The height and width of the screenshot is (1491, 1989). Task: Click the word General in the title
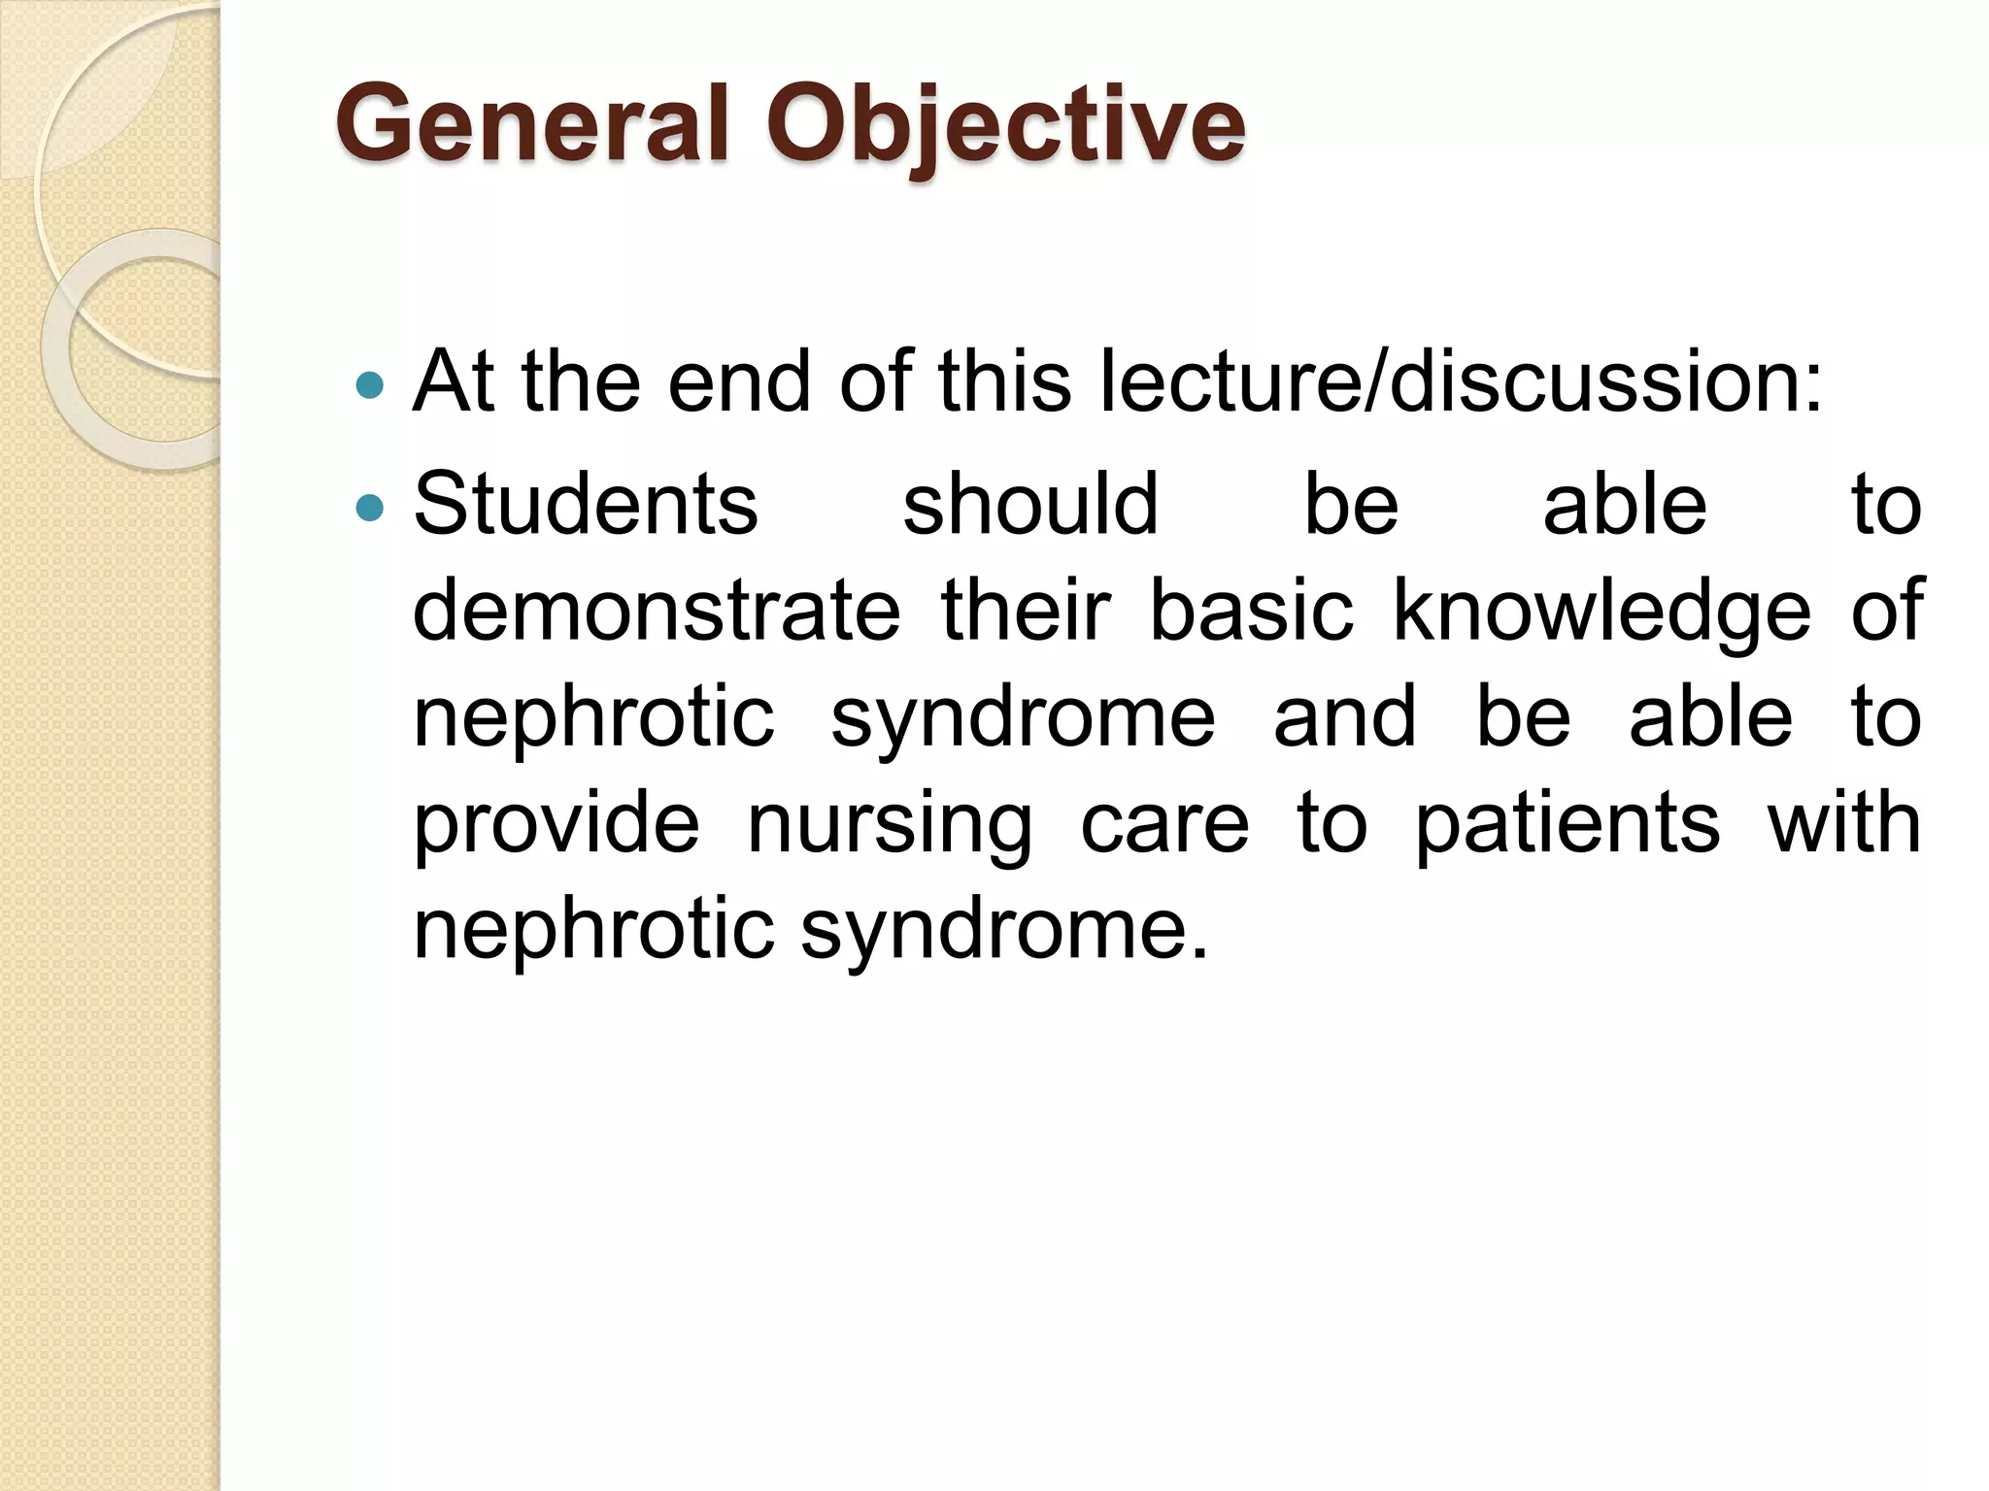[531, 124]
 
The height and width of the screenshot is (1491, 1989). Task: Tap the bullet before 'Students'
[370, 507]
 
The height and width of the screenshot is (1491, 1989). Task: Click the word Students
[586, 504]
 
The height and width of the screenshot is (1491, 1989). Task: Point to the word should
[1030, 504]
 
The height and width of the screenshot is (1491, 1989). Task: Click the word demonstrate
[657, 610]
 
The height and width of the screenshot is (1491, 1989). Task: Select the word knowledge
[1602, 612]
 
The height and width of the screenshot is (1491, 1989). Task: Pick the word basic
[1251, 610]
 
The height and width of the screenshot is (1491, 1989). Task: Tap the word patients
[1568, 823]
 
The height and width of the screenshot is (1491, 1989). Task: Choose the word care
[1164, 823]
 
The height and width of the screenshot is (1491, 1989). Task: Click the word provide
[556, 823]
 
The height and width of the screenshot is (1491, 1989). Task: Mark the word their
[1026, 610]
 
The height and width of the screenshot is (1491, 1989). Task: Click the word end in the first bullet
[738, 381]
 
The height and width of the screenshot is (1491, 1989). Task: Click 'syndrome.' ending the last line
[1005, 930]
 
